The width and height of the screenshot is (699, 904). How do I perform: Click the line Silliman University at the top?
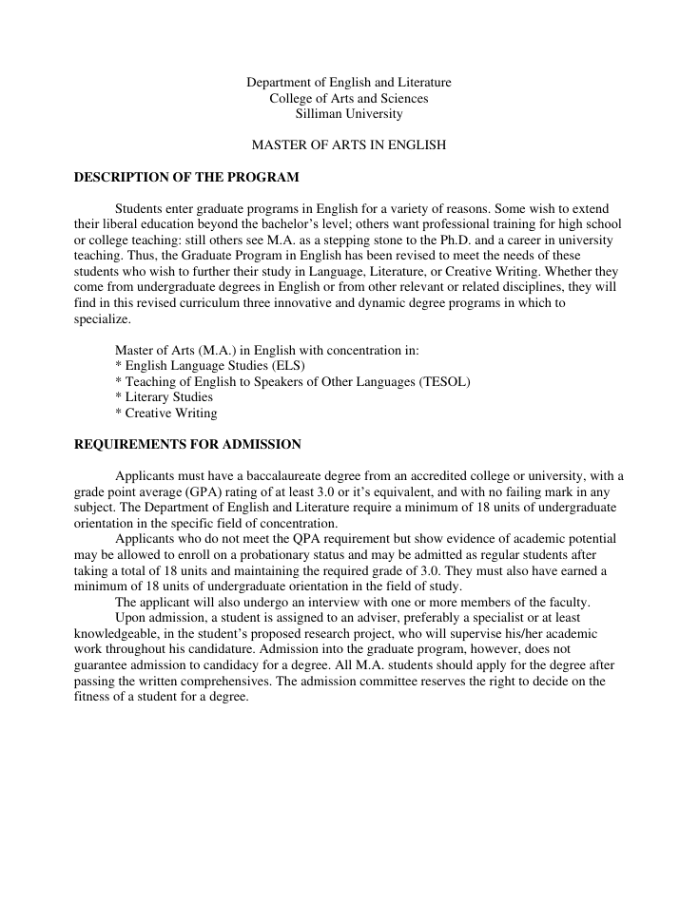(x=349, y=114)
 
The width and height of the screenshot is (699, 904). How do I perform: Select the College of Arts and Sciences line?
(x=349, y=98)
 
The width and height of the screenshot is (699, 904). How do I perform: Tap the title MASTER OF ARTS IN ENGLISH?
(x=348, y=145)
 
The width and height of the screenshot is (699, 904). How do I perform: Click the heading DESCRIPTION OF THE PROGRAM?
(x=186, y=177)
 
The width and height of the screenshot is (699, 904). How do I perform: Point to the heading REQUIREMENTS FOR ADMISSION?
(x=187, y=444)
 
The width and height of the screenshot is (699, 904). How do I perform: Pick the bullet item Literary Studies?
(x=167, y=397)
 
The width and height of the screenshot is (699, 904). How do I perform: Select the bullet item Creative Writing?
(x=170, y=414)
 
